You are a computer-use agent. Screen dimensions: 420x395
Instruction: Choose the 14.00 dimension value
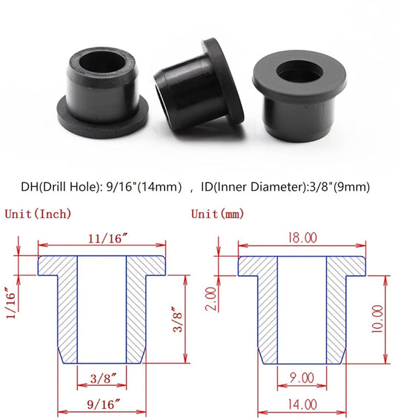coord(302,404)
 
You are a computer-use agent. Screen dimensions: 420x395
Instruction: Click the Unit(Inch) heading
coord(39,214)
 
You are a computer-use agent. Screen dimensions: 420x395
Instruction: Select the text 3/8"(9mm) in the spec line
coord(339,188)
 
